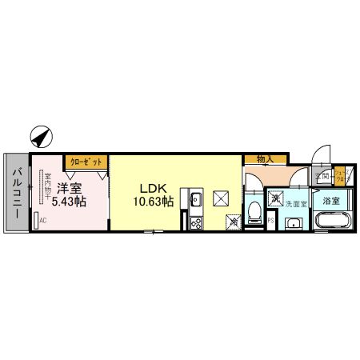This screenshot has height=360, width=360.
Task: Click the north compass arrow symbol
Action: [x=39, y=138]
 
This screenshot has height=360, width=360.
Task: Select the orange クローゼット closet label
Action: [x=86, y=161]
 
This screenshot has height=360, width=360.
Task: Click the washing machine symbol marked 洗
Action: [x=274, y=198]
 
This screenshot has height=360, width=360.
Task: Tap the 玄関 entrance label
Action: [x=322, y=175]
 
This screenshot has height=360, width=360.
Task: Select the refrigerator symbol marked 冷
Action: [x=234, y=222]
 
